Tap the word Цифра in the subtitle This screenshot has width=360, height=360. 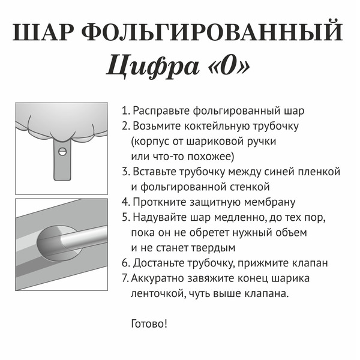coord(145,67)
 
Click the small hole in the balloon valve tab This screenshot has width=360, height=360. coord(61,152)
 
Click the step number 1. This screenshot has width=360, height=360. coord(125,111)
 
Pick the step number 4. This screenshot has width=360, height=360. coord(125,202)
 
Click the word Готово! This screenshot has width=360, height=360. coord(149,323)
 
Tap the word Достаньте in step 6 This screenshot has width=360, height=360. coord(161,262)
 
